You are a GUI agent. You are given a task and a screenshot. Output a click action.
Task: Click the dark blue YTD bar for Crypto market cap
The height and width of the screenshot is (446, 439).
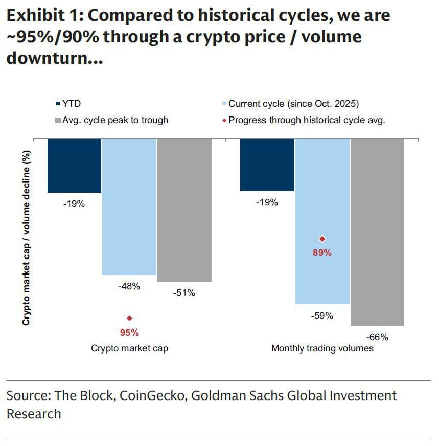click(74, 165)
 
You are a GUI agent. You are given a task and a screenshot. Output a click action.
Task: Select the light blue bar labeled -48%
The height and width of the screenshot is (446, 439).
click(129, 206)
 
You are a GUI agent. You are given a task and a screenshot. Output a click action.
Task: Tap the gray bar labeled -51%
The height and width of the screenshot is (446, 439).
click(184, 209)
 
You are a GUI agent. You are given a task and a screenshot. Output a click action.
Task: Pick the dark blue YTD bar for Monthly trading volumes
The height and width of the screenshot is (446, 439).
click(267, 165)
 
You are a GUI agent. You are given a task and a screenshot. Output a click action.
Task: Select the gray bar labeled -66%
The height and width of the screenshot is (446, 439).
click(377, 231)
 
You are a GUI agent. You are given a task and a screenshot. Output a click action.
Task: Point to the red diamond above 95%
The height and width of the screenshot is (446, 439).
click(129, 318)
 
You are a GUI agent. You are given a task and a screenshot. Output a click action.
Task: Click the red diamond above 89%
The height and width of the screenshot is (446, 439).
click(322, 239)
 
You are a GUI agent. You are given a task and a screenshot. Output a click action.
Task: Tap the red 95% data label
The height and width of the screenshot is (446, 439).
click(129, 333)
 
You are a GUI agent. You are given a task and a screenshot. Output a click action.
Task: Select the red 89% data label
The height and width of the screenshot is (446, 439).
click(322, 252)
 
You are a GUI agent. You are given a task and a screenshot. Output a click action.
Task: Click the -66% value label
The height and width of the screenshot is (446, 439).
click(377, 337)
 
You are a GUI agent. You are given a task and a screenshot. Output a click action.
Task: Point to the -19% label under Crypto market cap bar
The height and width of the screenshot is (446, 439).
click(74, 204)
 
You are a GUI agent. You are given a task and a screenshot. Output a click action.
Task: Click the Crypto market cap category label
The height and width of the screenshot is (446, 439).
click(129, 348)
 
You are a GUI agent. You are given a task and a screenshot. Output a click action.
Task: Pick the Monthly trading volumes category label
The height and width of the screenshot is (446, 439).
click(322, 348)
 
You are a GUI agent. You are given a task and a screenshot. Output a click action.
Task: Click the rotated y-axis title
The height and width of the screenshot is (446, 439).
click(27, 238)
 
